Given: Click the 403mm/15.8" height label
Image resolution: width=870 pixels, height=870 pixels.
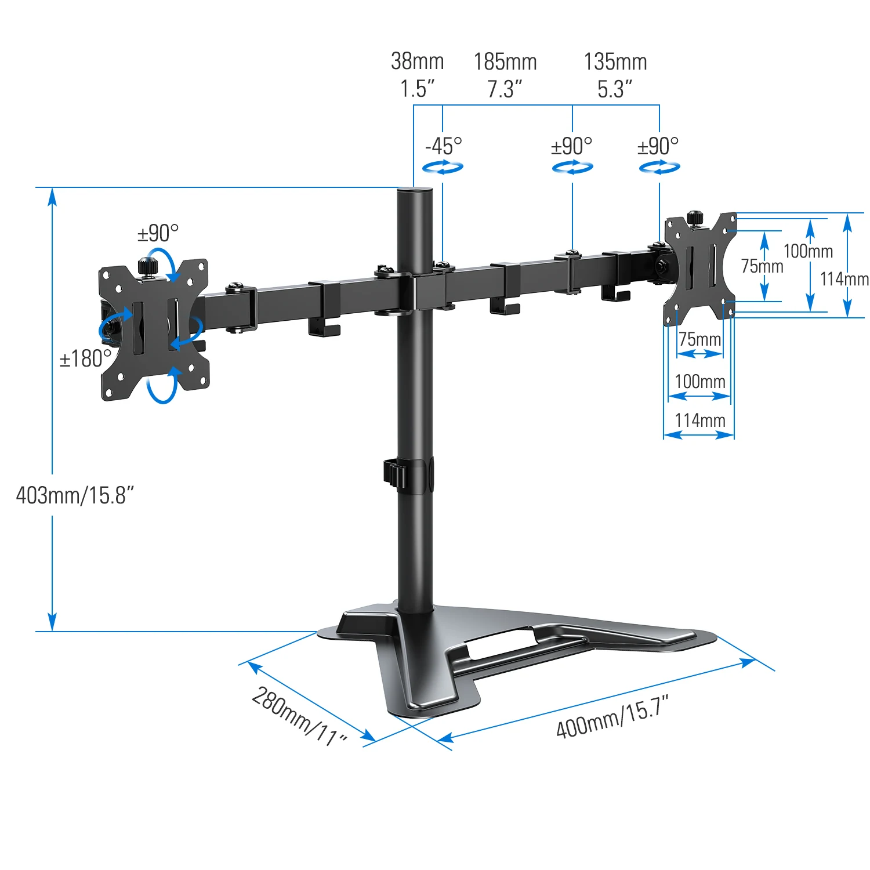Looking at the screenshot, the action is [x=75, y=495].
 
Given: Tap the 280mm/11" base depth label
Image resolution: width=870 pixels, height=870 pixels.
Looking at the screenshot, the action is [x=299, y=717].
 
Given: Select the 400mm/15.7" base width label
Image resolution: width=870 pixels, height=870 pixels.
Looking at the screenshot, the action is [x=612, y=717].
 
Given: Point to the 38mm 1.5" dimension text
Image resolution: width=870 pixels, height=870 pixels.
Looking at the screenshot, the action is [x=417, y=75].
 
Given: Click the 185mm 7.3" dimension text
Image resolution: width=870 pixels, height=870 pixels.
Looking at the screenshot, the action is [x=505, y=75].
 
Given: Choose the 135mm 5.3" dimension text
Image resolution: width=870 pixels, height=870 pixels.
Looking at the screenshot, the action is [x=615, y=75].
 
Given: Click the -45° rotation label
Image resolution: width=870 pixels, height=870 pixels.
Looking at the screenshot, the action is [x=444, y=146].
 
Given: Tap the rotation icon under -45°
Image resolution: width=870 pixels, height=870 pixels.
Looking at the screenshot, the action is [x=443, y=168].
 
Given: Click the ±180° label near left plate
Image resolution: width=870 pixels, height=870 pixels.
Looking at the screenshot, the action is [x=85, y=359].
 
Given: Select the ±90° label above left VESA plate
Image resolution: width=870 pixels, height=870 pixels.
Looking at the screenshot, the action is [x=158, y=233].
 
